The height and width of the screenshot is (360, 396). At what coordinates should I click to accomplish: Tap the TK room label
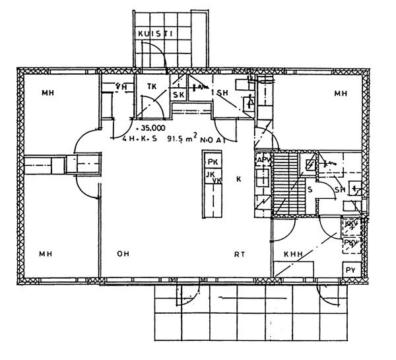tap(151, 85)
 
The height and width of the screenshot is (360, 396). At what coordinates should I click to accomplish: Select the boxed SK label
tap(178, 94)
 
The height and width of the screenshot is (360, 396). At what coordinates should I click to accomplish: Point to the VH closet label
tap(121, 86)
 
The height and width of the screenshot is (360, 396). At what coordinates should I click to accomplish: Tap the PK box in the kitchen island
tap(212, 162)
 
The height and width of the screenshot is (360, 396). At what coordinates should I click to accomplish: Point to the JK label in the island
tap(211, 174)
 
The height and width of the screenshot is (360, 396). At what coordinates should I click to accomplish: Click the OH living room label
tap(123, 253)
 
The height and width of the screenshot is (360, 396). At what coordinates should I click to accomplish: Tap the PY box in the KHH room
tap(348, 271)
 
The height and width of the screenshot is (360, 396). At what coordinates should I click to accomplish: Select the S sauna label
tap(310, 189)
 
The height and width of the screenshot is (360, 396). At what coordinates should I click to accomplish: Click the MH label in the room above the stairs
tap(340, 94)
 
